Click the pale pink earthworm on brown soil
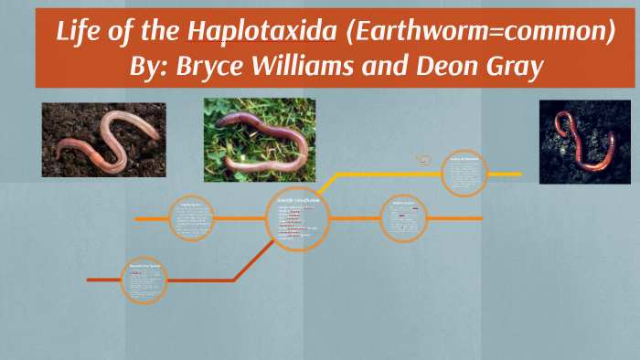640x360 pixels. coord(103,140)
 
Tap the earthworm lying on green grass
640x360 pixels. coord(260,140)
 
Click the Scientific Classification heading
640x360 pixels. coord(298,199)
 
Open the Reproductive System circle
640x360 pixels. coord(144,281)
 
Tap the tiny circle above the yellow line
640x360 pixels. coord(423,159)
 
